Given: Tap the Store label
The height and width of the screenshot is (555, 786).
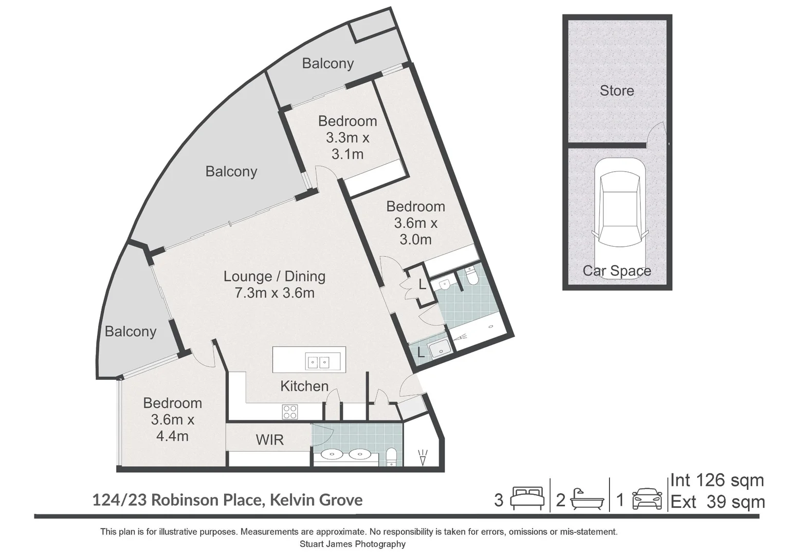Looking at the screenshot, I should [616, 91].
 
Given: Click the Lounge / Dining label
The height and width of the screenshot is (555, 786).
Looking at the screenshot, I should [274, 276].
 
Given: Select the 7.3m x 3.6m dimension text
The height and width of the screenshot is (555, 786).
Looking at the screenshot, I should [274, 293].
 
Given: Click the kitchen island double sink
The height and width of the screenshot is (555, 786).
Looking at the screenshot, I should [318, 362].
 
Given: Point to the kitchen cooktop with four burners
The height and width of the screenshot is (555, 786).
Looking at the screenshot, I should [289, 412].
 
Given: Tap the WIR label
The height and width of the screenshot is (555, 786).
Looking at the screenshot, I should [269, 439].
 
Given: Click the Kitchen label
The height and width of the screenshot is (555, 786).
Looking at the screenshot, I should [304, 386].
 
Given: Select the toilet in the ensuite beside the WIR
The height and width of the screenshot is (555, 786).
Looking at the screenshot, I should [392, 456].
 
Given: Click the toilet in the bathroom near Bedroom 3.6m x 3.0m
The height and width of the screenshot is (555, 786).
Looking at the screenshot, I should [471, 276].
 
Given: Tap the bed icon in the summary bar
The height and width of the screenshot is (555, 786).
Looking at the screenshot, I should [527, 498].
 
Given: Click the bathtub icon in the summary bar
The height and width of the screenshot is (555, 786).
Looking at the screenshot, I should [586, 498].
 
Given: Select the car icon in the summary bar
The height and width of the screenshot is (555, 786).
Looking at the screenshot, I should [647, 498].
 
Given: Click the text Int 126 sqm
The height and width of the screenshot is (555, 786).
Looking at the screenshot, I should [717, 481].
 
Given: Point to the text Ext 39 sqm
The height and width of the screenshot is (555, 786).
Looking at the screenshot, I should [717, 502].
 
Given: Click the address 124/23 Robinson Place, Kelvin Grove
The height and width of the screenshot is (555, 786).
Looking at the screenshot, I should [227, 499].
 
